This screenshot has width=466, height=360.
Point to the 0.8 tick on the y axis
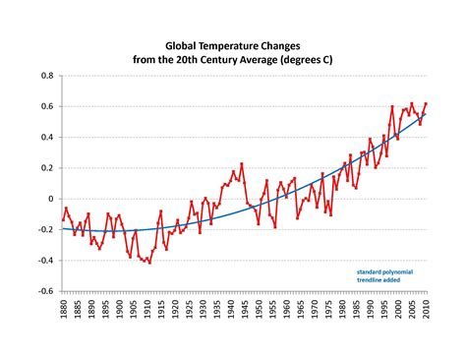coord(46,76)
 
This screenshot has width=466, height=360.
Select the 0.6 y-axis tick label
coord(46,106)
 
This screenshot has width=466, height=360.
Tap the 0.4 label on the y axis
coord(46,137)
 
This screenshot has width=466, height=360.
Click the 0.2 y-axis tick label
coord(46,168)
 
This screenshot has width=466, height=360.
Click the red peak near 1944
coord(241,164)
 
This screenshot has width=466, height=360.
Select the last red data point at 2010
coord(426,103)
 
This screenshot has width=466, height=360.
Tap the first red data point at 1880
coord(61,221)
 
